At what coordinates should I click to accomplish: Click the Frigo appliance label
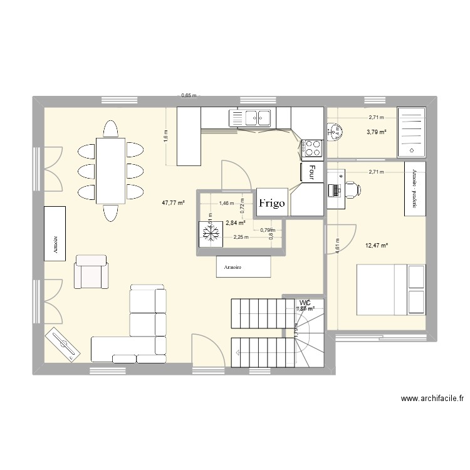tap(273, 203)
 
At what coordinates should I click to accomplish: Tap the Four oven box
tap(311, 173)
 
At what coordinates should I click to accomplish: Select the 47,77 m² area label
tap(173, 202)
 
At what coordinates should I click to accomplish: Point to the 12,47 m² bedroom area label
tap(376, 245)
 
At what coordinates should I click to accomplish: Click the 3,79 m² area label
tap(377, 132)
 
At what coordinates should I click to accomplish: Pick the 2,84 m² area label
tap(235, 222)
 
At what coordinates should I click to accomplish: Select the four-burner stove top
tap(313, 147)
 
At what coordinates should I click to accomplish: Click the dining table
tap(110, 170)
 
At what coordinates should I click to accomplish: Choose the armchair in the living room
tap(91, 271)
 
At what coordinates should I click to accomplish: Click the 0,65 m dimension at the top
tap(189, 96)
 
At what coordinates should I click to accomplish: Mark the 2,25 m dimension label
tap(241, 237)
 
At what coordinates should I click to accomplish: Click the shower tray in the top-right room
tap(412, 131)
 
